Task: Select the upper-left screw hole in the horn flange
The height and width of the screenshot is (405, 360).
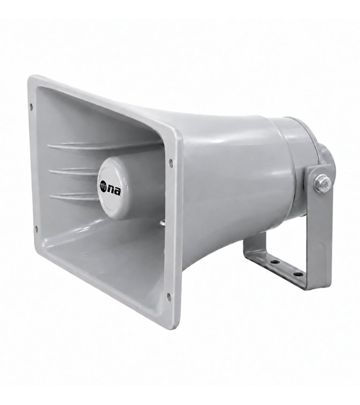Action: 31,106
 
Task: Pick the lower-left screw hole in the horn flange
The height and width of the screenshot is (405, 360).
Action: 37,228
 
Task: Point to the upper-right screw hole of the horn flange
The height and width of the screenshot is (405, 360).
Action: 171,163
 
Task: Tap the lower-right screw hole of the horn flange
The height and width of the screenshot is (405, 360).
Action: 169,295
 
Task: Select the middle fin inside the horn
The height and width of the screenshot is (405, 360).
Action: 75,172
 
